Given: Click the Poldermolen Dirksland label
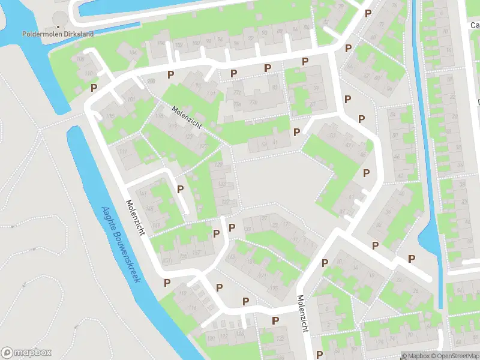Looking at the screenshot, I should point(58,34).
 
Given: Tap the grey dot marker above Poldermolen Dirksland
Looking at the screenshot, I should point(58,26).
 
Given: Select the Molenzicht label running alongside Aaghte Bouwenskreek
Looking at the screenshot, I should point(136,217).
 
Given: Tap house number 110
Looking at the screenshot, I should point(89,74).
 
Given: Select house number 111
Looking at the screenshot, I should point(123,151).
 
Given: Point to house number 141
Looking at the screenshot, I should point(142,193).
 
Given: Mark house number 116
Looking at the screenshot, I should point(193,308).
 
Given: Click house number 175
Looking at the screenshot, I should point(274,288).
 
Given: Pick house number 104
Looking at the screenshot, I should point(132,53).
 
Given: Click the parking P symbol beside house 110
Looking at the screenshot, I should point(94,88).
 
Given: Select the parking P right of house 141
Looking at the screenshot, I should point(180,189).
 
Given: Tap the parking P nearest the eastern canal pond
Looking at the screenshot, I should point(412,259).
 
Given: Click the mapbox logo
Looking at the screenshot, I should point(26,352).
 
